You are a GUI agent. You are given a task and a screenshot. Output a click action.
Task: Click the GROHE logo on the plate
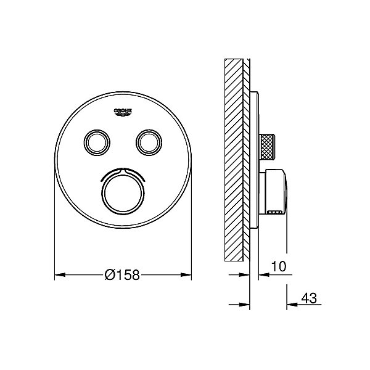click(123, 112)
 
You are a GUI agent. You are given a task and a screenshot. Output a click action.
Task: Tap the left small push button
click(97, 142)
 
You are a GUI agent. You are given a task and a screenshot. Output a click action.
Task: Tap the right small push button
click(149, 142)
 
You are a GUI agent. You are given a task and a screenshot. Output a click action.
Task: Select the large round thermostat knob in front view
click(123, 193)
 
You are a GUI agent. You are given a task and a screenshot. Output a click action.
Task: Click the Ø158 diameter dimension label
click(122, 274)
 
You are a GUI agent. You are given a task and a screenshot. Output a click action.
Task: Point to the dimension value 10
click(279, 266)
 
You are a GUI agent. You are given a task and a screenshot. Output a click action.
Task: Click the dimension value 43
click(309, 298)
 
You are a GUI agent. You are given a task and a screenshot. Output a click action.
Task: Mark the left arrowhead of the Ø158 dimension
click(60, 274)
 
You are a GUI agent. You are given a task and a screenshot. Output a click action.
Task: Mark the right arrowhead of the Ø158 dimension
click(186, 274)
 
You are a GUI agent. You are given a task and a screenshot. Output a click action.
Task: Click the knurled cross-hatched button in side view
click(266, 147)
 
